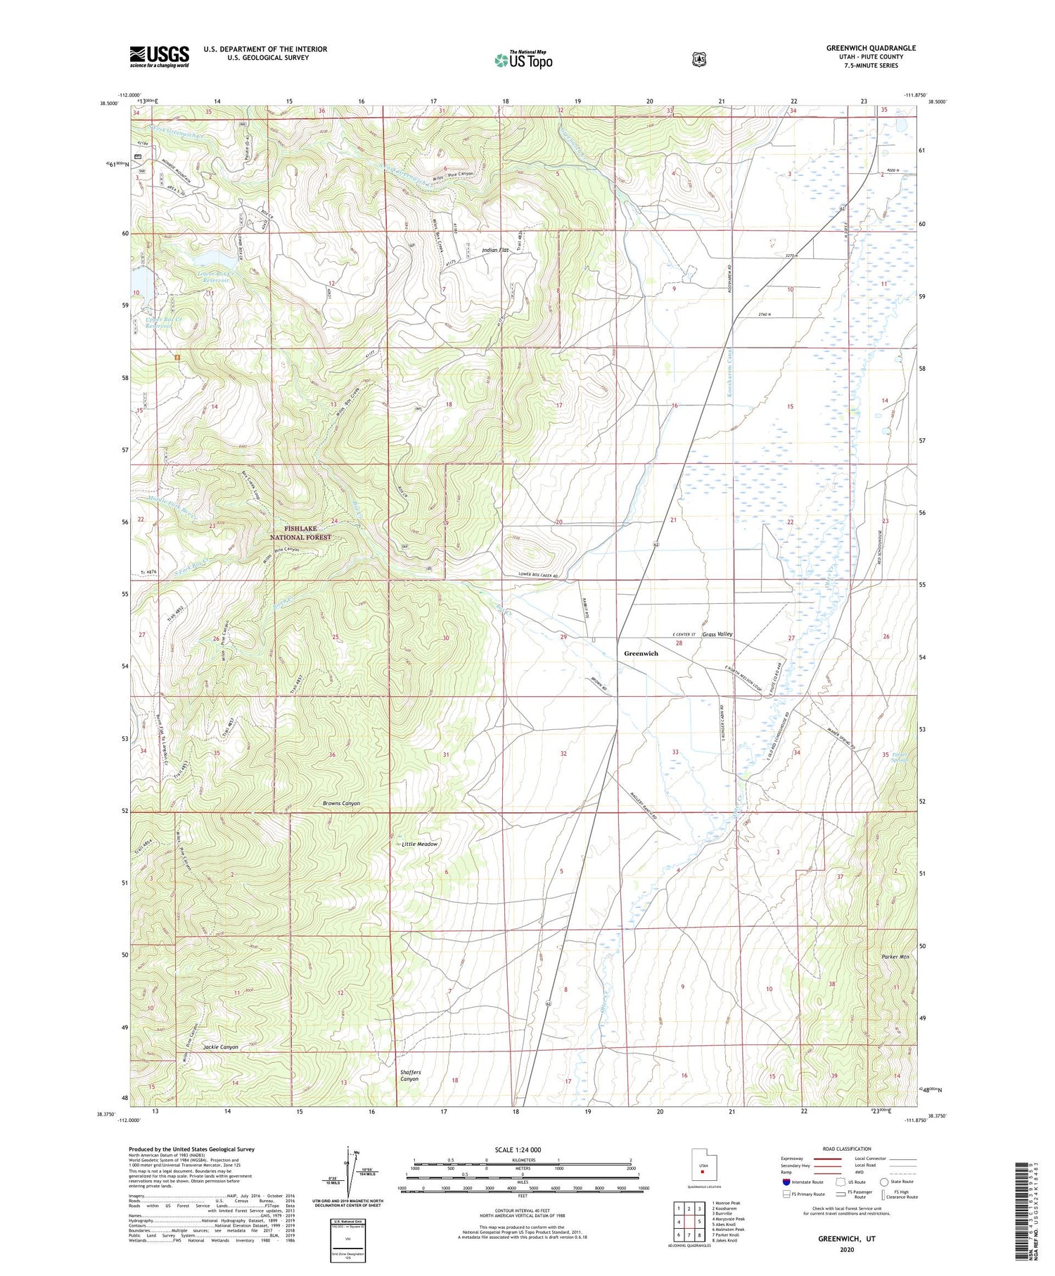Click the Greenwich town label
[x=641, y=653]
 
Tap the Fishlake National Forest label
[x=300, y=532]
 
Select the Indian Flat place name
[x=495, y=250]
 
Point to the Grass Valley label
[x=717, y=634]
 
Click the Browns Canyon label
[x=341, y=803]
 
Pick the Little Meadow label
[x=419, y=844]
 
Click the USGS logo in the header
[x=159, y=56]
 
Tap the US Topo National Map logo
[x=523, y=59]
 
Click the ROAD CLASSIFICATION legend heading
[x=851, y=1149]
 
